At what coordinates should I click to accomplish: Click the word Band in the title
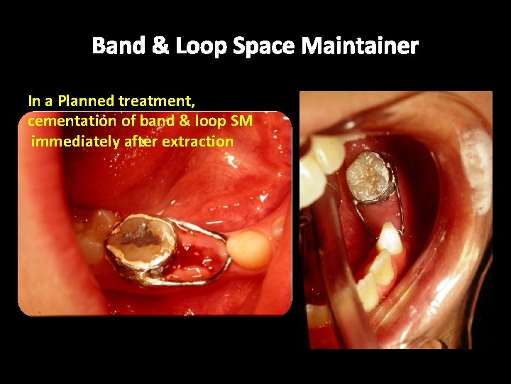[118, 47]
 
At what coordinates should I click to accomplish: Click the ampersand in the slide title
[160, 47]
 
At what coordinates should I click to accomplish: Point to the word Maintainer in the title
[360, 47]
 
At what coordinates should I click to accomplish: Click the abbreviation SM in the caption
[242, 121]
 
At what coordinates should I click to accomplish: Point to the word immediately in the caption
[76, 142]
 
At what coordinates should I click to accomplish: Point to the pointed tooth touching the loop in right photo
[390, 238]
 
